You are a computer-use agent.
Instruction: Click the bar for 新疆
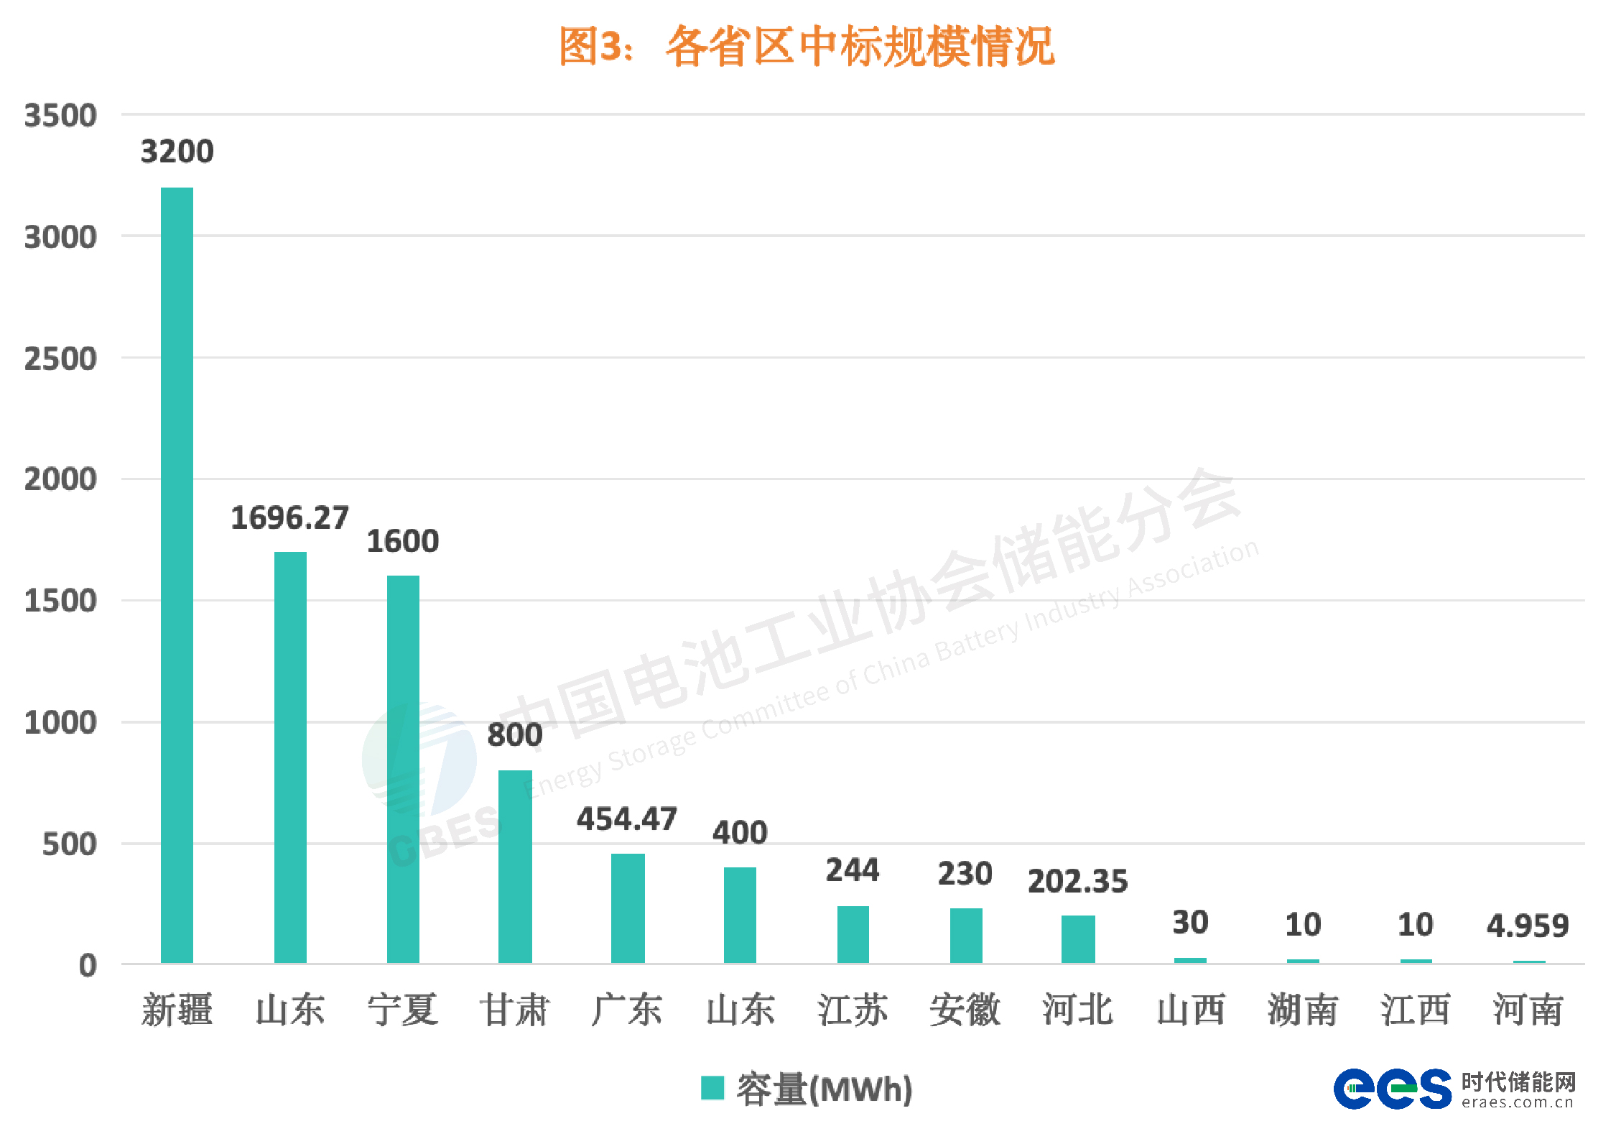tap(177, 575)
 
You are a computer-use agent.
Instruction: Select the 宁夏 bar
tap(403, 769)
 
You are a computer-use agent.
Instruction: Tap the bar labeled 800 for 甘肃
tap(515, 866)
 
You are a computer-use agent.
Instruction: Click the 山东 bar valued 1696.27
tap(290, 757)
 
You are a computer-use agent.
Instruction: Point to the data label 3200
tap(177, 152)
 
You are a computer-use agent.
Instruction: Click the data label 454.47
tap(626, 819)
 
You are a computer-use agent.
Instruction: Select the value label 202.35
tap(1077, 881)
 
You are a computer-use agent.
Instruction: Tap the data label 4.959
tap(1528, 926)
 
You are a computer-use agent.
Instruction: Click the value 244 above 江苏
tap(853, 870)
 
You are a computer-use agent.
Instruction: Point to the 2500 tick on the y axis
tap(60, 359)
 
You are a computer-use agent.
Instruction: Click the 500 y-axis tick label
tap(69, 844)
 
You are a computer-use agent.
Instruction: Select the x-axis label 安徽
tap(965, 1010)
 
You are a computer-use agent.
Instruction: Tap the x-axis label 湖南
tap(1303, 1010)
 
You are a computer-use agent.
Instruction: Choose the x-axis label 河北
tap(1077, 1010)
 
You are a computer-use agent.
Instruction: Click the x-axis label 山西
tap(1190, 1010)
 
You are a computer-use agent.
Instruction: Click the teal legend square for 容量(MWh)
tap(712, 1087)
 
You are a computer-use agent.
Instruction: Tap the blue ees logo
tap(1392, 1088)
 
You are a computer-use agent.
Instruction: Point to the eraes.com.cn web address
tap(1518, 1102)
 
